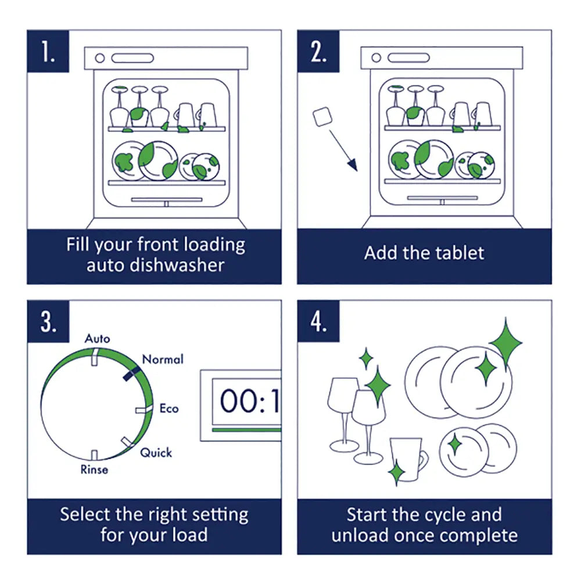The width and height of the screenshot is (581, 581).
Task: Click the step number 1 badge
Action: (x=48, y=51)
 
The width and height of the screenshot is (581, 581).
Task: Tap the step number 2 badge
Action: (x=318, y=51)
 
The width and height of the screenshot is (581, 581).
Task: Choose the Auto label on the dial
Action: (x=97, y=338)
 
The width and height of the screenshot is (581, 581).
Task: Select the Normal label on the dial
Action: (x=163, y=360)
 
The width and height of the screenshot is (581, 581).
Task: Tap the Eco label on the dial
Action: (x=169, y=408)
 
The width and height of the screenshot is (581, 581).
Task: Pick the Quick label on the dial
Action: (x=156, y=452)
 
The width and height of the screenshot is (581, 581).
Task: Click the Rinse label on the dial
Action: (x=94, y=469)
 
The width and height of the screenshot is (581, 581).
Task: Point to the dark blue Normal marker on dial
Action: (x=132, y=375)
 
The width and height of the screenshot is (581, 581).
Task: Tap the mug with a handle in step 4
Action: (x=408, y=459)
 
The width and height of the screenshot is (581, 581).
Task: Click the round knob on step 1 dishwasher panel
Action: (x=99, y=58)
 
